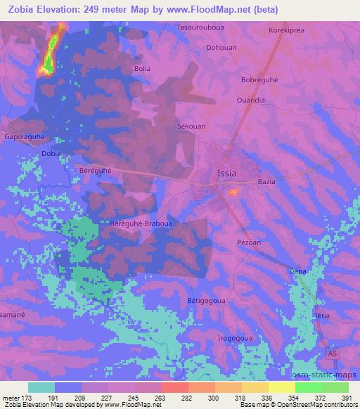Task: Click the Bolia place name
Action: (x=142, y=69)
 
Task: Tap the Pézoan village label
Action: (x=248, y=242)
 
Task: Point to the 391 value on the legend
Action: (x=346, y=396)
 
